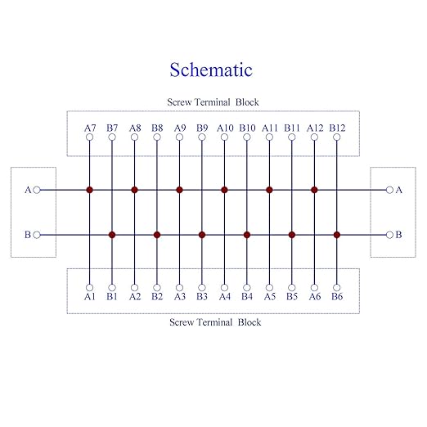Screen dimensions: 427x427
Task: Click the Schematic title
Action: (211, 70)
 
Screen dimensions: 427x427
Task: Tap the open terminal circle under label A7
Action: (89, 137)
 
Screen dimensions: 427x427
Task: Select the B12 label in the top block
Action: (337, 128)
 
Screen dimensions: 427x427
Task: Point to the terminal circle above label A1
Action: (89, 287)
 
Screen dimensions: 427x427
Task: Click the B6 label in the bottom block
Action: (337, 296)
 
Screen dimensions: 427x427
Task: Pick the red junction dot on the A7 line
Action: (89, 190)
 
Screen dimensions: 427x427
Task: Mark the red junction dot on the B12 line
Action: (337, 235)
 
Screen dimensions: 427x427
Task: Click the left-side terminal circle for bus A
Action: (37, 190)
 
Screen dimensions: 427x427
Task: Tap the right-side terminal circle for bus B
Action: (389, 235)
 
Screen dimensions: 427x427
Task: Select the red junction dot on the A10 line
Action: (224, 190)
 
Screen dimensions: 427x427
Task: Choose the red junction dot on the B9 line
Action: (202, 235)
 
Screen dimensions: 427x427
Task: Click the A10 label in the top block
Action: (225, 128)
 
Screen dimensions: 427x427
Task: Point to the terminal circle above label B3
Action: (202, 287)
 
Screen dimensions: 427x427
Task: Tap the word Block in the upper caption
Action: (247, 102)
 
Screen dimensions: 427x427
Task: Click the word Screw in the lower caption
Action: (181, 322)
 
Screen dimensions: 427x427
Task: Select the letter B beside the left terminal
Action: (28, 235)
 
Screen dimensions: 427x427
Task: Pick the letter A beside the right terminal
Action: (399, 190)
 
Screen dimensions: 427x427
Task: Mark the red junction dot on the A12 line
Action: (314, 190)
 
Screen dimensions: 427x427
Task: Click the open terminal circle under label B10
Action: (247, 137)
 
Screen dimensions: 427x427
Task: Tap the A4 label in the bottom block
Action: (225, 296)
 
